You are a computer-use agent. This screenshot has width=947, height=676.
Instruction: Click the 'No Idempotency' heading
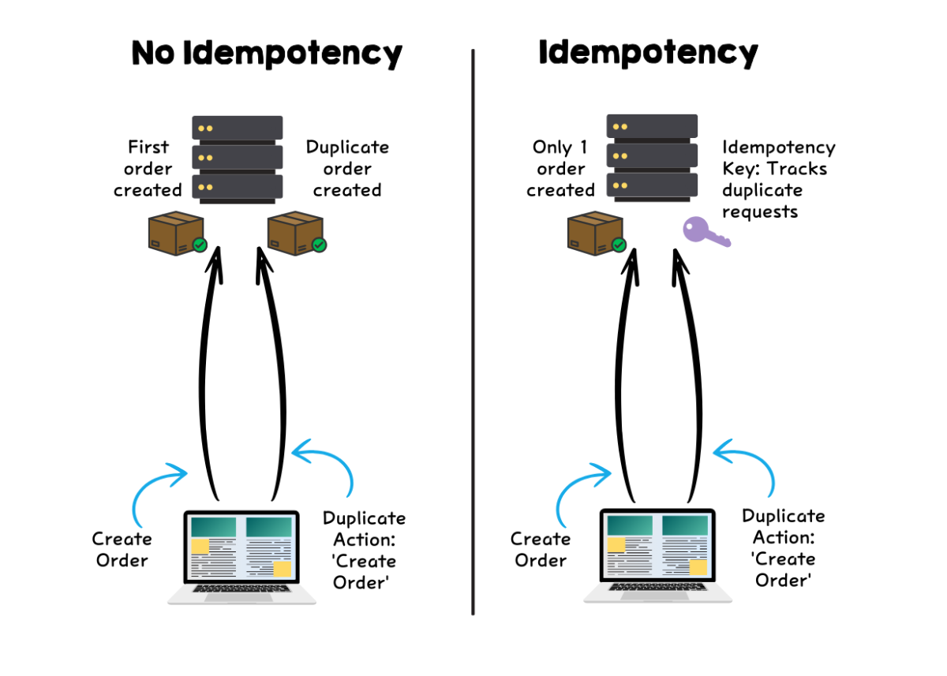[x=267, y=54]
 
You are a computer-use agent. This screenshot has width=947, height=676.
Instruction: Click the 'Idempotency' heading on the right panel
[x=648, y=54]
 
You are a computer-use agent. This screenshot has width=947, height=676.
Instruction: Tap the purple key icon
[x=706, y=233]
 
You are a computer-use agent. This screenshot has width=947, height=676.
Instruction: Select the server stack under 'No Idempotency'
[x=238, y=157]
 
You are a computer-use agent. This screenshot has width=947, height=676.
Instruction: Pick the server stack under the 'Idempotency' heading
[x=652, y=157]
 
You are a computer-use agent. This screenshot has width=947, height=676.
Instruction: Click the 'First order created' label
[x=148, y=168]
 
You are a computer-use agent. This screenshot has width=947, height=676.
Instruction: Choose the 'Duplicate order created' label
[x=347, y=168]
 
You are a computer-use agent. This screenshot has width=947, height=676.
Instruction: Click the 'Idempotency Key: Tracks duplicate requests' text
[x=778, y=179]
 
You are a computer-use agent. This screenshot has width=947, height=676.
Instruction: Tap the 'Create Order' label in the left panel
[x=122, y=550]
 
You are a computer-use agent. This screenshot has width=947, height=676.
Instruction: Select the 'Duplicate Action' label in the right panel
[x=784, y=547]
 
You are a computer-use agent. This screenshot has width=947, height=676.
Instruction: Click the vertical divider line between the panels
[x=473, y=331]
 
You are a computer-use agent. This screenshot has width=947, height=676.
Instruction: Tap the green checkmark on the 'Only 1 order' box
[x=619, y=245]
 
